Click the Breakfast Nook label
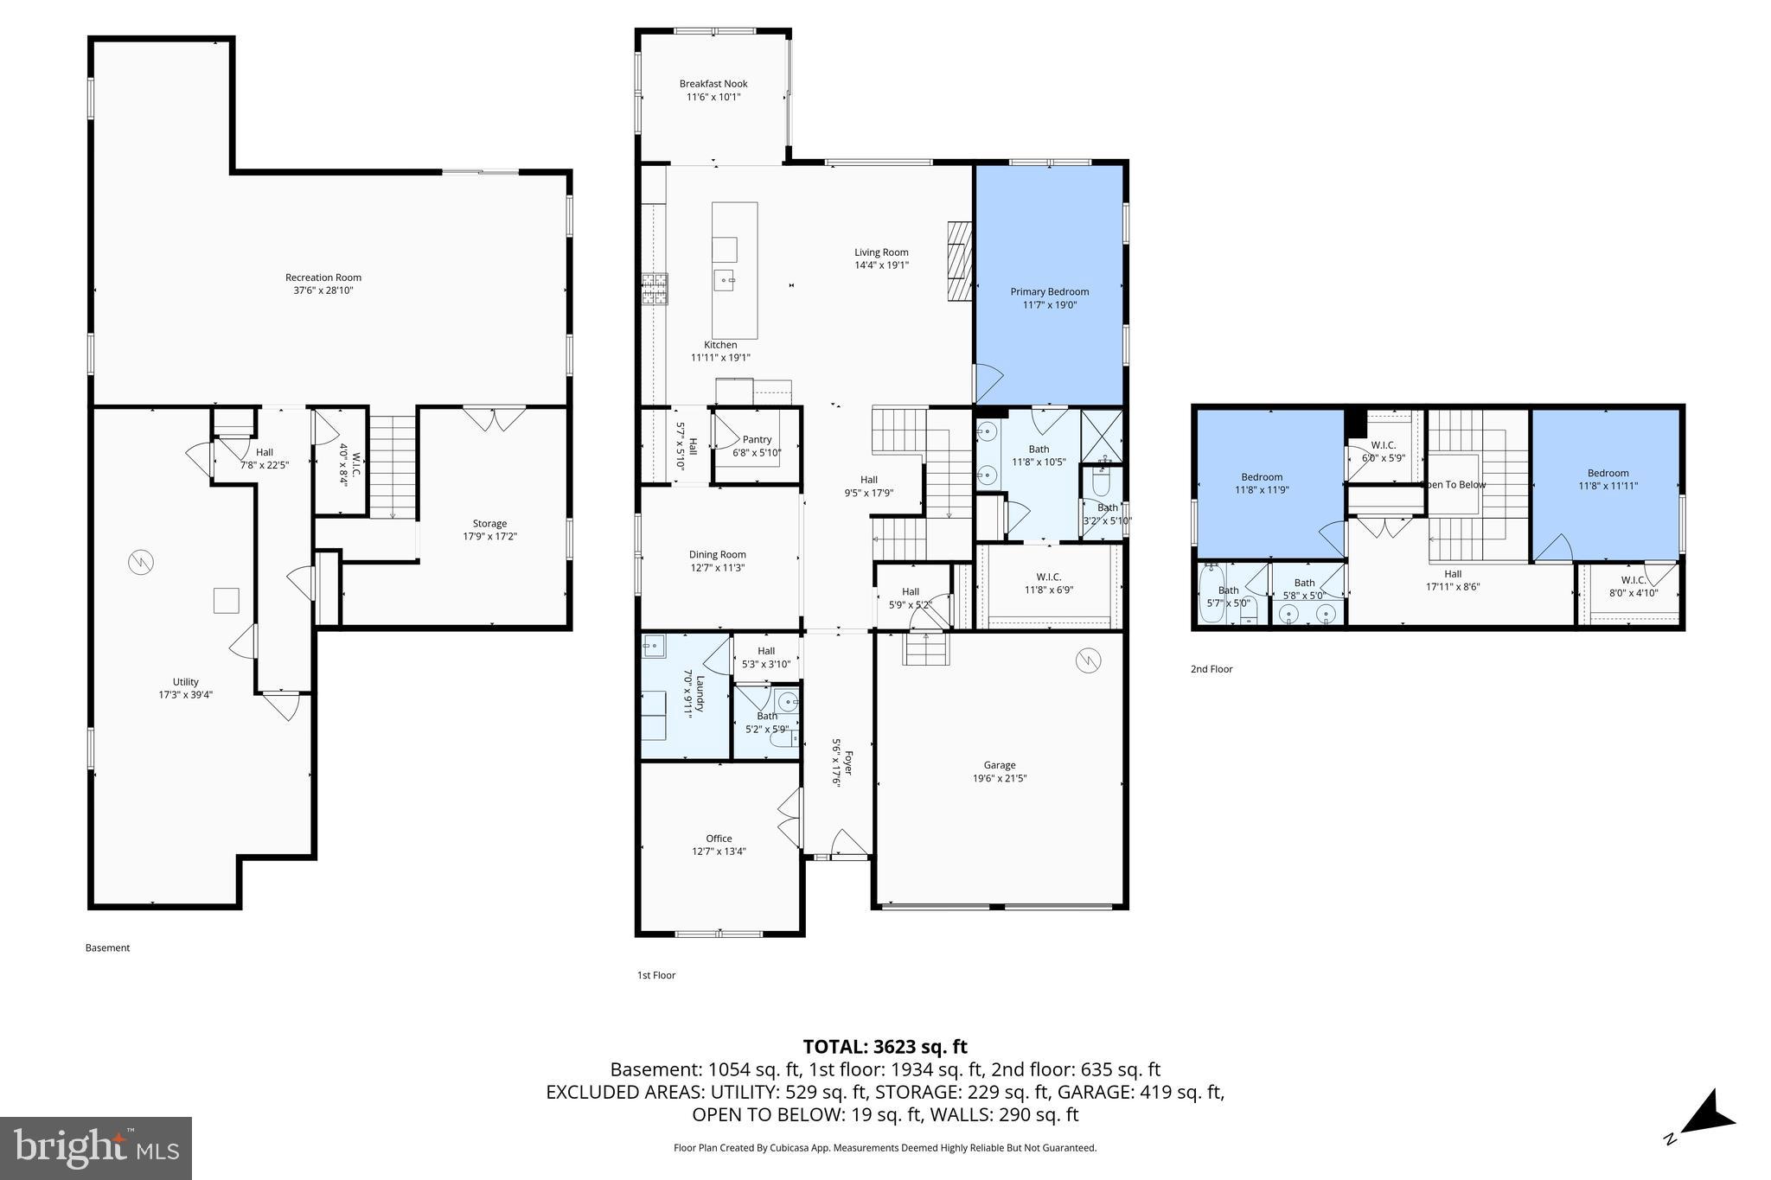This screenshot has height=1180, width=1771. [713, 84]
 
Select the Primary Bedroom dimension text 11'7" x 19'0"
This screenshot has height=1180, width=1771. [1049, 305]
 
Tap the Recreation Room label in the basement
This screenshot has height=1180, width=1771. [323, 277]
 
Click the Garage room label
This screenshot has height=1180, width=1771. [999, 765]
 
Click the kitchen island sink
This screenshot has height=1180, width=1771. [725, 278]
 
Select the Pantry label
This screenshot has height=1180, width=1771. [757, 440]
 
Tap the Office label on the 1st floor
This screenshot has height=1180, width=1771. [719, 839]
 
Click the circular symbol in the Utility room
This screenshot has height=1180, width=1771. [140, 564]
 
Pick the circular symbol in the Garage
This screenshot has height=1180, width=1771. [1088, 661]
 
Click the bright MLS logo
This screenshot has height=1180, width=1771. [96, 1148]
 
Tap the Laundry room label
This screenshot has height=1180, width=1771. [689, 692]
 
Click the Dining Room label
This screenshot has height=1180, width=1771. [717, 555]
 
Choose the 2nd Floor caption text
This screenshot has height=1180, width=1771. [1211, 669]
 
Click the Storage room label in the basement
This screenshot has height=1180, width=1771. [489, 524]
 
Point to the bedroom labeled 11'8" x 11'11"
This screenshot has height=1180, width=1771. [1608, 480]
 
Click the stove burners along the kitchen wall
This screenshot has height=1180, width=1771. [654, 289]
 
